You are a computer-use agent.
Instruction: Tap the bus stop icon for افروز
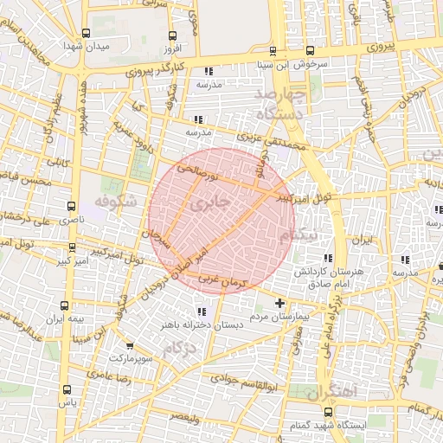pyautogui.click(x=172, y=36)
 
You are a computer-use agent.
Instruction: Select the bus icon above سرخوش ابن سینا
pyautogui.click(x=273, y=51)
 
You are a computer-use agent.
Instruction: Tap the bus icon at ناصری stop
pyautogui.click(x=67, y=209)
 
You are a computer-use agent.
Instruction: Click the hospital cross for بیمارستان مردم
pyautogui.click(x=279, y=303)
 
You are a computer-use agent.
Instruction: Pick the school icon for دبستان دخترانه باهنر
pyautogui.click(x=202, y=311)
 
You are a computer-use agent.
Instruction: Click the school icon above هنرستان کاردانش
pyautogui.click(x=327, y=259)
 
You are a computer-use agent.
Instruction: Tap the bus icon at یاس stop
pyautogui.click(x=67, y=390)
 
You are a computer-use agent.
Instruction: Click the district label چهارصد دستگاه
pyautogui.click(x=283, y=102)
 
